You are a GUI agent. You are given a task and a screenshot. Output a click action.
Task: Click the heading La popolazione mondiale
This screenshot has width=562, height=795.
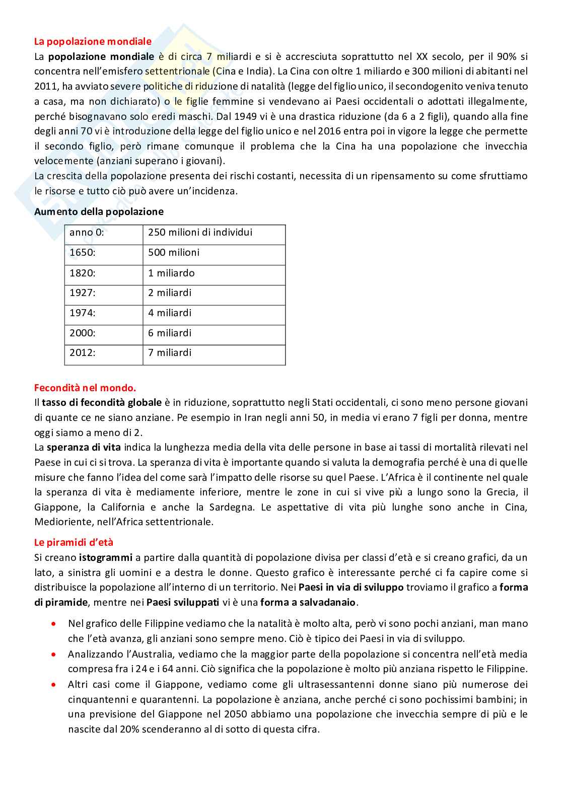tap(93, 41)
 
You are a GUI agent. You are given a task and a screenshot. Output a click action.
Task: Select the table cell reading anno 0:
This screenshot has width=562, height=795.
tap(87, 233)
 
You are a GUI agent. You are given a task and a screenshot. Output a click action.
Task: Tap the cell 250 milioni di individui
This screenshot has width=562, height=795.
tap(200, 233)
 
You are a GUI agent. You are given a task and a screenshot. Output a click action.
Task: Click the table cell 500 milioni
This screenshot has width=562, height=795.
tap(174, 253)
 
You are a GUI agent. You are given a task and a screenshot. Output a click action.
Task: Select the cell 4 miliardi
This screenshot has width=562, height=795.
tap(170, 313)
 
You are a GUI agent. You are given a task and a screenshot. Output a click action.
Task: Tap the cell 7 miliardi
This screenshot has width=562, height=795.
tap(170, 353)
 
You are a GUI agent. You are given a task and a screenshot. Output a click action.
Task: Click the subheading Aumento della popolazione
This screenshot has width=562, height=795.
tap(99, 211)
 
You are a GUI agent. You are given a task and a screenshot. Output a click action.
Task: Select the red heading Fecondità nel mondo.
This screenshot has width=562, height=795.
tap(85, 388)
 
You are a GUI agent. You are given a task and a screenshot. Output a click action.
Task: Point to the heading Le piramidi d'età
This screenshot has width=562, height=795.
tap(74, 542)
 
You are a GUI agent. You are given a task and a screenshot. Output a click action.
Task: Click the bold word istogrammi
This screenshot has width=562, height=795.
tap(105, 557)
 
